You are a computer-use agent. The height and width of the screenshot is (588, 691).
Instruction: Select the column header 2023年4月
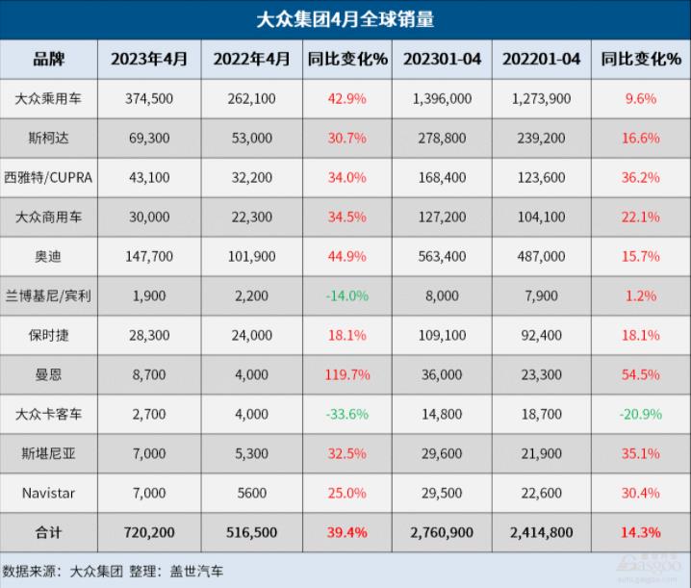[148, 60]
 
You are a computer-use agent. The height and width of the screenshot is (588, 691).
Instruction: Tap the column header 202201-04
[541, 60]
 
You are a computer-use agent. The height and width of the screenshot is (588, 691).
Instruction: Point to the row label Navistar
[48, 493]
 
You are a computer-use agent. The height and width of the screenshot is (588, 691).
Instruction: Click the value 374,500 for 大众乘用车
[148, 98]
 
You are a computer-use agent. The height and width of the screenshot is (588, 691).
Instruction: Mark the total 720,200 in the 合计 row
[148, 530]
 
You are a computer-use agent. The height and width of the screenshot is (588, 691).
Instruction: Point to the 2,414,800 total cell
[541, 530]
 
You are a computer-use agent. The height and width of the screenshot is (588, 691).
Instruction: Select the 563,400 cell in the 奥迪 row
[443, 256]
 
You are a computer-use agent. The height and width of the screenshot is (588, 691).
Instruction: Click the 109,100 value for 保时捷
[443, 335]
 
